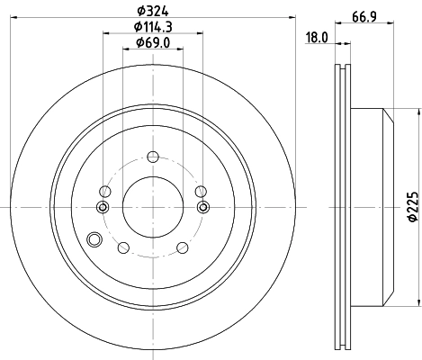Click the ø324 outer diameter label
tap(149, 11)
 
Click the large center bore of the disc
tap(151, 207)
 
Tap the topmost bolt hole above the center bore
tap(151, 157)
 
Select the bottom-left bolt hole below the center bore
tap(124, 247)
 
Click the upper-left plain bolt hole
tap(104, 191)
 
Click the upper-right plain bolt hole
tap(200, 191)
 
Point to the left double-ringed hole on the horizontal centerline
tap(102, 208)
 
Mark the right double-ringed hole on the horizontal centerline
tap(202, 208)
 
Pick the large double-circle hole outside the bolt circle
tap(94, 239)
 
